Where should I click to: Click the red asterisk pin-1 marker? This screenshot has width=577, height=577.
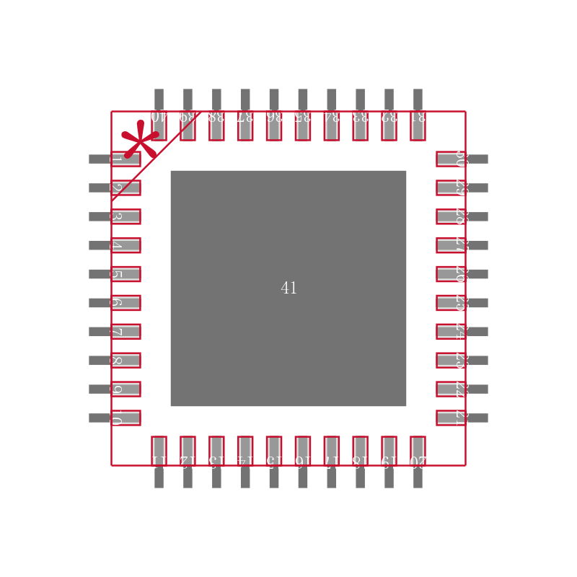(x=139, y=140)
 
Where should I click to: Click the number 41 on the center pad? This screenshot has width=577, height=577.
(x=288, y=288)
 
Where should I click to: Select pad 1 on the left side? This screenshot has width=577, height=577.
(x=125, y=159)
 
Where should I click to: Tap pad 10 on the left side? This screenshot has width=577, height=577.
(x=125, y=418)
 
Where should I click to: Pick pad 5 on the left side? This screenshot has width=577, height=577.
(x=125, y=274)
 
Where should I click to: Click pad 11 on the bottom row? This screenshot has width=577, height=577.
(x=159, y=451)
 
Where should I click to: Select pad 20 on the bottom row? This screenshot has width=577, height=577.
(x=418, y=451)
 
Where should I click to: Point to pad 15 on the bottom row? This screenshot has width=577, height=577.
(x=274, y=451)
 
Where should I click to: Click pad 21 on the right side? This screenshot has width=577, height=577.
(x=451, y=418)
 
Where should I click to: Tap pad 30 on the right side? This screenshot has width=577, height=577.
(x=451, y=159)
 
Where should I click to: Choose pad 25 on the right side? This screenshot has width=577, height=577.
(x=451, y=303)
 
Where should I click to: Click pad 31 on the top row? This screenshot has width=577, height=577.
(x=418, y=125)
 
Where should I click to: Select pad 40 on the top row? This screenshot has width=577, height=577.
(x=159, y=125)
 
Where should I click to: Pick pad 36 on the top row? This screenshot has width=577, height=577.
(x=274, y=125)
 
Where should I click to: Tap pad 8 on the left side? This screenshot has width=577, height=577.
(x=125, y=360)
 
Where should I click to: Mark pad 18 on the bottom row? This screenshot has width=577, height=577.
(x=360, y=451)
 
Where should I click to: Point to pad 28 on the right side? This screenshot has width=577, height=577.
(x=451, y=216)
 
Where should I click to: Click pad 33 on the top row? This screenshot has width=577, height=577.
(x=360, y=125)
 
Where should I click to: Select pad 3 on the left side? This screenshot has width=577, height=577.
(x=125, y=216)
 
